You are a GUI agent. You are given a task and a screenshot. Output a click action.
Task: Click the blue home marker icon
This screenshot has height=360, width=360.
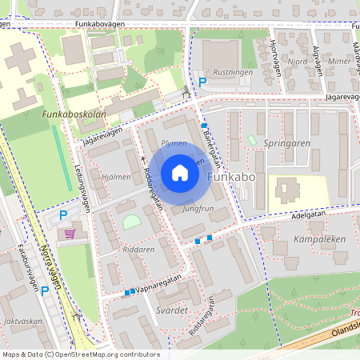[x=180, y=173]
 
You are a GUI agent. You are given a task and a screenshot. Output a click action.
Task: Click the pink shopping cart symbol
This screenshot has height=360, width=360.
[x=70, y=233]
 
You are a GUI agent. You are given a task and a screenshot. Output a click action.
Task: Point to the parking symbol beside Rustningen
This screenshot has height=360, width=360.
[x=202, y=81]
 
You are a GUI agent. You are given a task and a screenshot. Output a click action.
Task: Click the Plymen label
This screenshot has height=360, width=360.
[x=174, y=143]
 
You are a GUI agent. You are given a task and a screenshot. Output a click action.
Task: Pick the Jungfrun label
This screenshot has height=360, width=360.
[x=198, y=208]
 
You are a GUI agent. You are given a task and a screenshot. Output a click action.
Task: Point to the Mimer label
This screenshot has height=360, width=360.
[x=339, y=60]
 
